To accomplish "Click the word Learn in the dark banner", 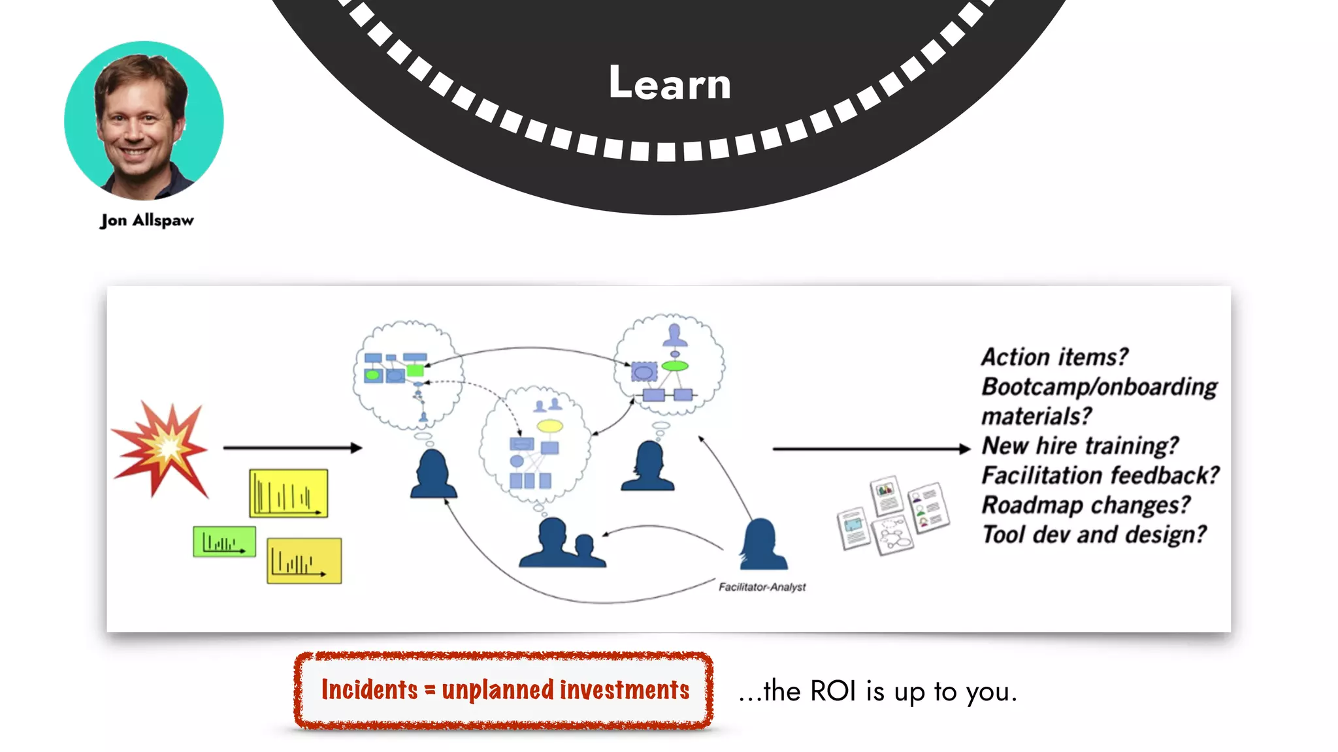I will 670,84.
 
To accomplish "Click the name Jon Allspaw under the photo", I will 147,221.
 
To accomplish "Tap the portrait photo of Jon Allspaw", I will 144,121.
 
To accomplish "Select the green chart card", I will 224,542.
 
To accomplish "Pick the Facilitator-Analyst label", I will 762,587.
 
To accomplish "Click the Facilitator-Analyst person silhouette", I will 762,544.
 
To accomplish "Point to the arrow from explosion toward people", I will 292,448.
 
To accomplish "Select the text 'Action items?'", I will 1054,357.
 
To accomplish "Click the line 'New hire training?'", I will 1080,446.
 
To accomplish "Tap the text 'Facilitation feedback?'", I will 1100,475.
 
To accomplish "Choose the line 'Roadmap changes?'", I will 1086,505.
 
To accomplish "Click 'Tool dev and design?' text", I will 1094,535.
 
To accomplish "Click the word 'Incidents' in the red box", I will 369,690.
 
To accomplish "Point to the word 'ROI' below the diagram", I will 833,691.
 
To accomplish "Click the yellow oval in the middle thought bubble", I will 549,426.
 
